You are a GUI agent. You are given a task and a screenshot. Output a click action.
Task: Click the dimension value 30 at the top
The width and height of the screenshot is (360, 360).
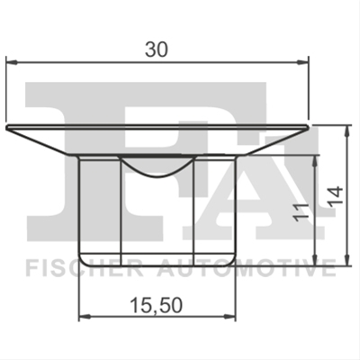click(x=156, y=49)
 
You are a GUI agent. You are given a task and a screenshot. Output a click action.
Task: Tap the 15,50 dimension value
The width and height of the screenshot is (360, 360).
click(x=157, y=305)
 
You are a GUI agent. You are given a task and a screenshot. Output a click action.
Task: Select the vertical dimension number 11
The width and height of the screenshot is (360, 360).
click(x=301, y=212)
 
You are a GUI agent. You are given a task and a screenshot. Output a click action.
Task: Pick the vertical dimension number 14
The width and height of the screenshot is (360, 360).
click(x=335, y=196)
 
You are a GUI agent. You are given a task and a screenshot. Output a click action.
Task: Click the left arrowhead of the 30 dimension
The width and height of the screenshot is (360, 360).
click(x=12, y=62)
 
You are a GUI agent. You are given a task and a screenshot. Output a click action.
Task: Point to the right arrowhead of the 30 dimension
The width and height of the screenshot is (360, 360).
click(x=302, y=62)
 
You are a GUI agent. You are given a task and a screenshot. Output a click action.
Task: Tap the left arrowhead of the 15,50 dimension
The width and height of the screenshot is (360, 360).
click(x=85, y=316)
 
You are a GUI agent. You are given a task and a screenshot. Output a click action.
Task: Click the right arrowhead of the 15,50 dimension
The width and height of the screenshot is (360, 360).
click(x=230, y=316)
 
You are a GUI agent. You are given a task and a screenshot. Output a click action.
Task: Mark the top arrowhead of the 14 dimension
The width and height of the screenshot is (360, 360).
click(x=347, y=131)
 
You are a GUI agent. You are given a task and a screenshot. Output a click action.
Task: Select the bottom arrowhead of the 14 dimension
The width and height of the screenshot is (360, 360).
click(x=347, y=260)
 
